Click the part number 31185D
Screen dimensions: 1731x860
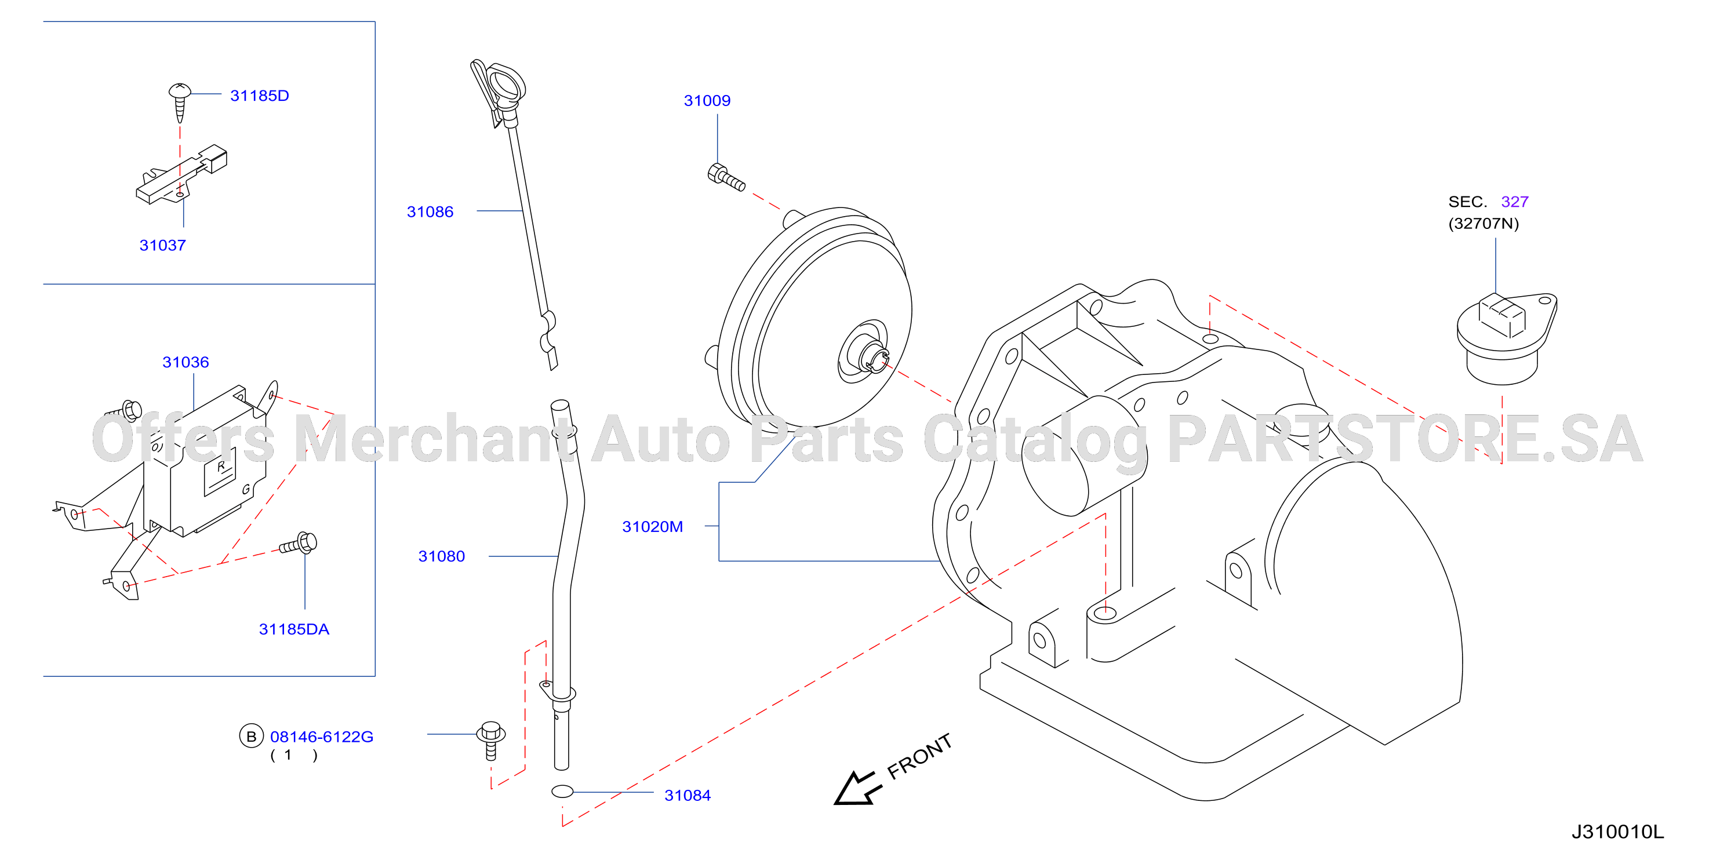(259, 96)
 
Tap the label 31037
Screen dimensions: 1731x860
(163, 245)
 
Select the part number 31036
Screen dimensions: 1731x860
(186, 362)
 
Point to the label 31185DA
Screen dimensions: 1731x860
(294, 629)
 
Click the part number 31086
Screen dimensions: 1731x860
(430, 212)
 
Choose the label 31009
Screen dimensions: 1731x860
(707, 101)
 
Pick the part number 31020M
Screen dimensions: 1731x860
(653, 527)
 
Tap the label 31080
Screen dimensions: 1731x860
(442, 556)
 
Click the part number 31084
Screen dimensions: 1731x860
(688, 796)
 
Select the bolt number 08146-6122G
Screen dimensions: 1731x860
(321, 737)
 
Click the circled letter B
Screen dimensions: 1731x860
(252, 737)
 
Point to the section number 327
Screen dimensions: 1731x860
(1515, 202)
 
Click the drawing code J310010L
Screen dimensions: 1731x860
(1617, 832)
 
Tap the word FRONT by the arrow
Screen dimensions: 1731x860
(919, 756)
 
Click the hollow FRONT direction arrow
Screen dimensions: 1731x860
(854, 788)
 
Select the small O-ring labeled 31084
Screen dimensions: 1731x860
(562, 792)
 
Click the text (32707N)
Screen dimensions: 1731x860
(1483, 224)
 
